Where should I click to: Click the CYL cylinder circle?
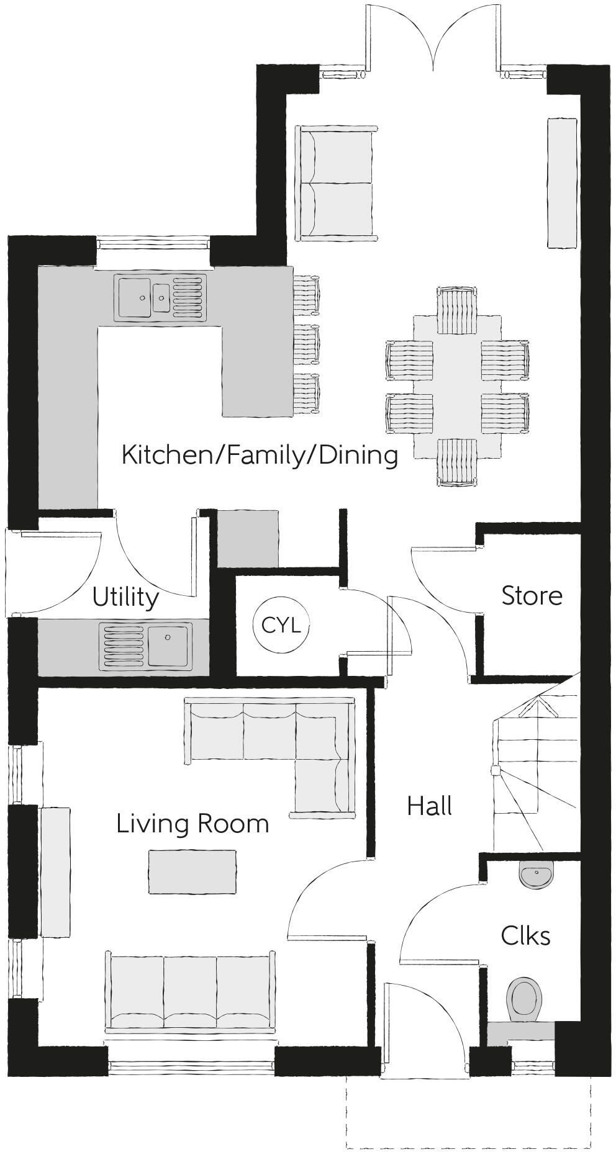(281, 624)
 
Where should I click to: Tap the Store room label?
(532, 596)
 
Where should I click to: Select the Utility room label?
(125, 598)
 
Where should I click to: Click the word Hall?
(429, 806)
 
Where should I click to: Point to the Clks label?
(525, 936)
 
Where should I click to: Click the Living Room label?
(192, 824)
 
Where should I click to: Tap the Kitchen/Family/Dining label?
(260, 455)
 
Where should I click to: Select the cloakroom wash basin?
(535, 876)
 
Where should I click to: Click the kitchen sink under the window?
(160, 298)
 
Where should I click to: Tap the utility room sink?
(147, 647)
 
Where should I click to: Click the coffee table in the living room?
(192, 872)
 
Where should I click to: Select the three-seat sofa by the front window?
(190, 994)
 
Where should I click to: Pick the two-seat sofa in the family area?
(337, 183)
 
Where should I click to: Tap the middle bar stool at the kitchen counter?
(307, 344)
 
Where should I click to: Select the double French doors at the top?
(432, 37)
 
